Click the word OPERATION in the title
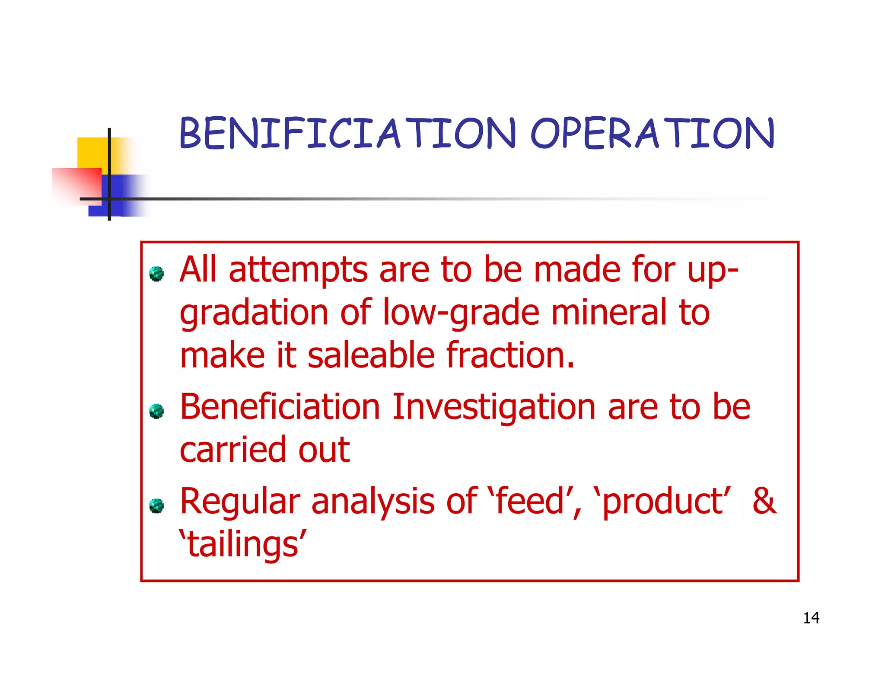(x=652, y=134)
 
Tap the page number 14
(x=811, y=618)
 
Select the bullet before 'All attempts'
(x=156, y=274)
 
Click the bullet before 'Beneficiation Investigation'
(x=156, y=411)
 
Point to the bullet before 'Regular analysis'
(x=156, y=505)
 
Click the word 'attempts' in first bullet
(x=298, y=270)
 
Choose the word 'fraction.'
(x=510, y=355)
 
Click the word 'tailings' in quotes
(x=243, y=544)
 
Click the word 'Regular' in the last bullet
(x=240, y=502)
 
